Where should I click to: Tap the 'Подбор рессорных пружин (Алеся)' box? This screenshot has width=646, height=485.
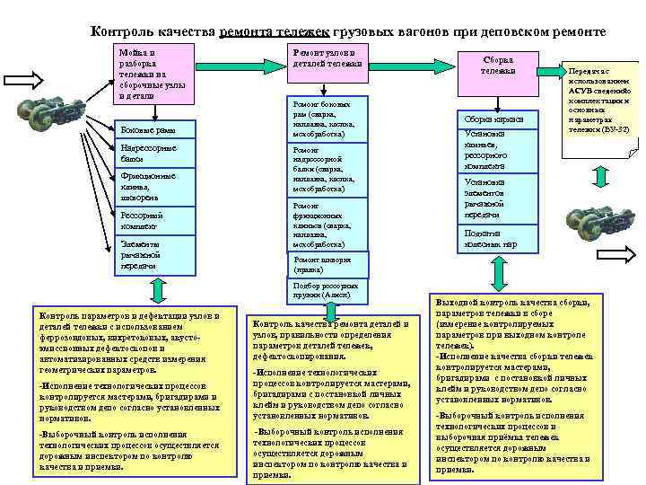point(328,289)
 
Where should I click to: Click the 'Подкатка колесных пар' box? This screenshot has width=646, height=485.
point(498,237)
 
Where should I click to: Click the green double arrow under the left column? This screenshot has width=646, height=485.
point(158,290)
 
